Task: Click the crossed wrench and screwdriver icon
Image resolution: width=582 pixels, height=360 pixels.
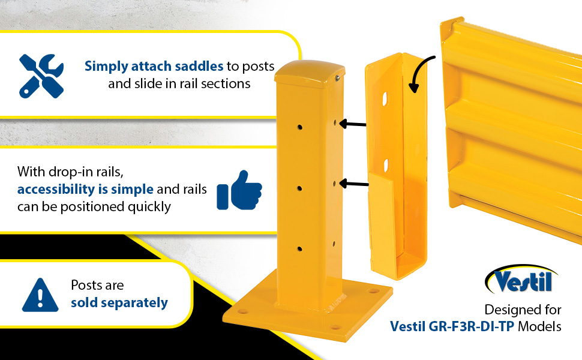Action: [41, 76]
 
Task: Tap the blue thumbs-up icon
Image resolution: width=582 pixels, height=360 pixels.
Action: [239, 190]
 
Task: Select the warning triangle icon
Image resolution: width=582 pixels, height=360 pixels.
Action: [40, 295]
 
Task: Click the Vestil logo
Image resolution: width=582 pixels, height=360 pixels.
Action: [521, 279]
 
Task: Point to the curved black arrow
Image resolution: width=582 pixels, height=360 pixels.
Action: [419, 71]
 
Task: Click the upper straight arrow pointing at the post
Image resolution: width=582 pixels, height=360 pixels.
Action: [353, 124]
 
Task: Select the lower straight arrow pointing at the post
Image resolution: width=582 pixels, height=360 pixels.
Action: [354, 184]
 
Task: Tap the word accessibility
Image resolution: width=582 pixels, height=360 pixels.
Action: [56, 189]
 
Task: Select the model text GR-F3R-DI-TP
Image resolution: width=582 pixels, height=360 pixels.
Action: [471, 326]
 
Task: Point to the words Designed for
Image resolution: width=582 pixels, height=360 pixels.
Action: [523, 310]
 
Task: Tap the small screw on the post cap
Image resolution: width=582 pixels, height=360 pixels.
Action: [337, 78]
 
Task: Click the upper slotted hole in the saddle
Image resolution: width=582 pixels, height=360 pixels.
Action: [385, 99]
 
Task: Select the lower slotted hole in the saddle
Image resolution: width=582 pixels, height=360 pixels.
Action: [386, 166]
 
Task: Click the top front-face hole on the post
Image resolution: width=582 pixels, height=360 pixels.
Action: [299, 127]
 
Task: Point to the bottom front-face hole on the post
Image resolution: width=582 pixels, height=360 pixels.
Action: [299, 249]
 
